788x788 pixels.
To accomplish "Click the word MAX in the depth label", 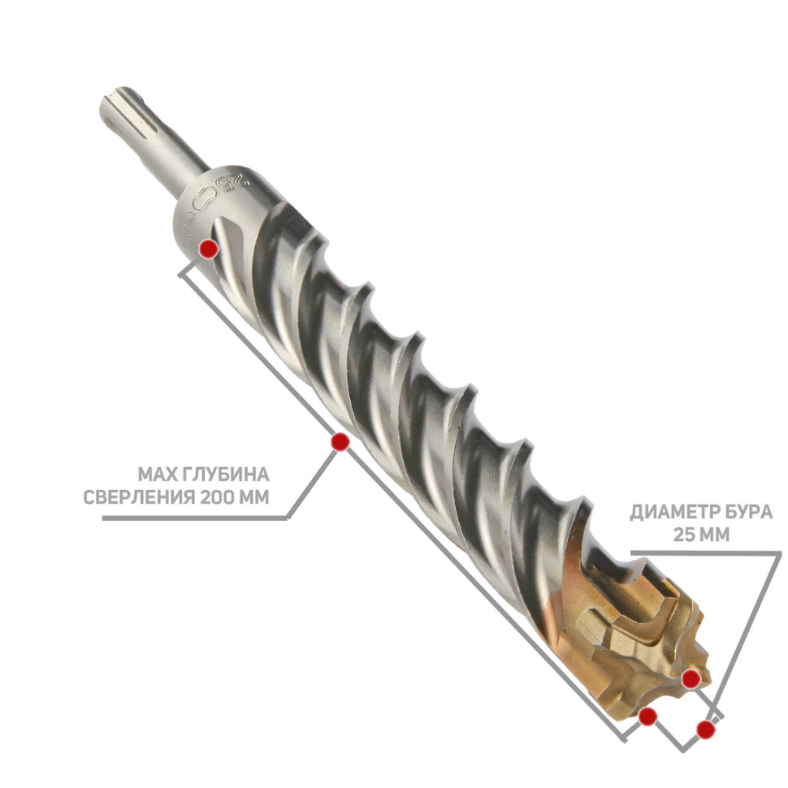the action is coord(154,474).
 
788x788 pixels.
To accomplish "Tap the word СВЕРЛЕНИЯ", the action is coord(139,497).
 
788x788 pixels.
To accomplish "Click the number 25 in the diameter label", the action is coord(683,535).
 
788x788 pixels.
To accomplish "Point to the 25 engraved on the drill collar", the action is coord(236,182).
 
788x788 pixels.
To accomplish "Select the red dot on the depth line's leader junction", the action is coord(340,442).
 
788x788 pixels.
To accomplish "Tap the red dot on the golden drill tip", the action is coord(691,679).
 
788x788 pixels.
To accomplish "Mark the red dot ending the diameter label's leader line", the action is coord(706,730).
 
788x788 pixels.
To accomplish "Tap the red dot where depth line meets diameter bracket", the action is coord(647,717).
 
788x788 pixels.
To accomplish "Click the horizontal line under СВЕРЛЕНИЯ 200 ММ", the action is coord(194,518).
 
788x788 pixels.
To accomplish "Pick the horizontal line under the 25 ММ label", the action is coord(706,552).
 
